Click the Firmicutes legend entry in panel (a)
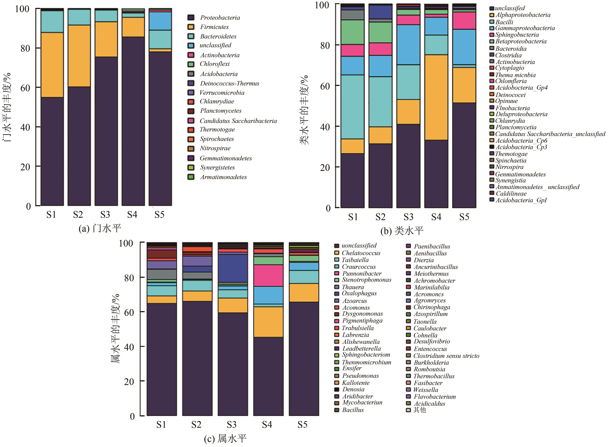[x=214, y=27]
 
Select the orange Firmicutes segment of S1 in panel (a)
[x=52, y=65]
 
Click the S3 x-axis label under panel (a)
[x=105, y=215]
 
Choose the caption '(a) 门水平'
[x=100, y=229]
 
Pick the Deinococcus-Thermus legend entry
[x=229, y=84]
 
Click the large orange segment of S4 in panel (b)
[x=436, y=97]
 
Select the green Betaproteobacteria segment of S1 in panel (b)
[x=352, y=32]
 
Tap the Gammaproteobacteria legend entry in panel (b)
[x=525, y=28]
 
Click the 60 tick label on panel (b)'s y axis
[x=325, y=86]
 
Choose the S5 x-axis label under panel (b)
[x=464, y=217]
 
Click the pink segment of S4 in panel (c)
[x=268, y=275]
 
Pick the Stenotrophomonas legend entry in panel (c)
[x=366, y=280]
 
